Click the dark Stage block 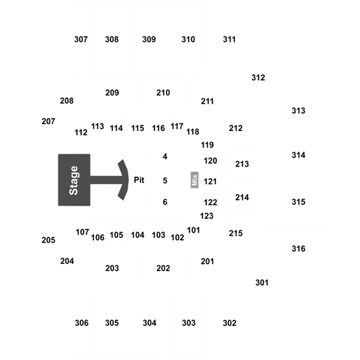(74, 180)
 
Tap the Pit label (139, 180)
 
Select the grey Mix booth (195, 180)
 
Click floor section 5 (165, 181)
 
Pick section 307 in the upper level (81, 39)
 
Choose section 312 (258, 77)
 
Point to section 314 (298, 155)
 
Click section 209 (112, 93)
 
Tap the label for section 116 (158, 128)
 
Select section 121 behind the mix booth (211, 182)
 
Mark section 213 (242, 164)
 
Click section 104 (138, 235)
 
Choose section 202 (163, 268)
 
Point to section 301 (262, 283)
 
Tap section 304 (149, 323)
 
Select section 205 (49, 240)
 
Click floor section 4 (165, 156)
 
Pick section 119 (207, 145)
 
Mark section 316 (298, 249)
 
